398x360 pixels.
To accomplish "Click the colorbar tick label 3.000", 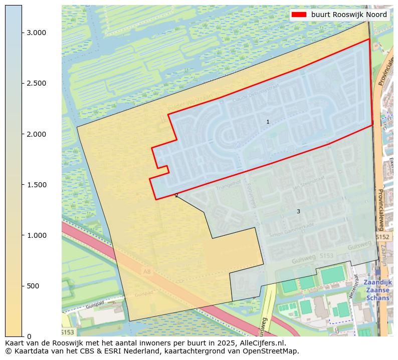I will click(36, 33).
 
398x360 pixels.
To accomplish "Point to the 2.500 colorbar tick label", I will click(36, 83).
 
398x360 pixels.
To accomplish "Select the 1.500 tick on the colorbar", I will click(36, 185).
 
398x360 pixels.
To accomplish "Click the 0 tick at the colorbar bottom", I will click(29, 336).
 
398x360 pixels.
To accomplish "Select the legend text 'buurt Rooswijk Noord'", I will click(349, 15).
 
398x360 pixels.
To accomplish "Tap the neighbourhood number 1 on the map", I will click(268, 122).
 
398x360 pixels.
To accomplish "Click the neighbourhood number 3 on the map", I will click(298, 212).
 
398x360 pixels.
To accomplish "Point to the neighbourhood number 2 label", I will click(176, 196).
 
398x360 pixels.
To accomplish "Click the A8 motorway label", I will click(147, 272).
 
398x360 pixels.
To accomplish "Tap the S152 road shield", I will click(382, 236).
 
